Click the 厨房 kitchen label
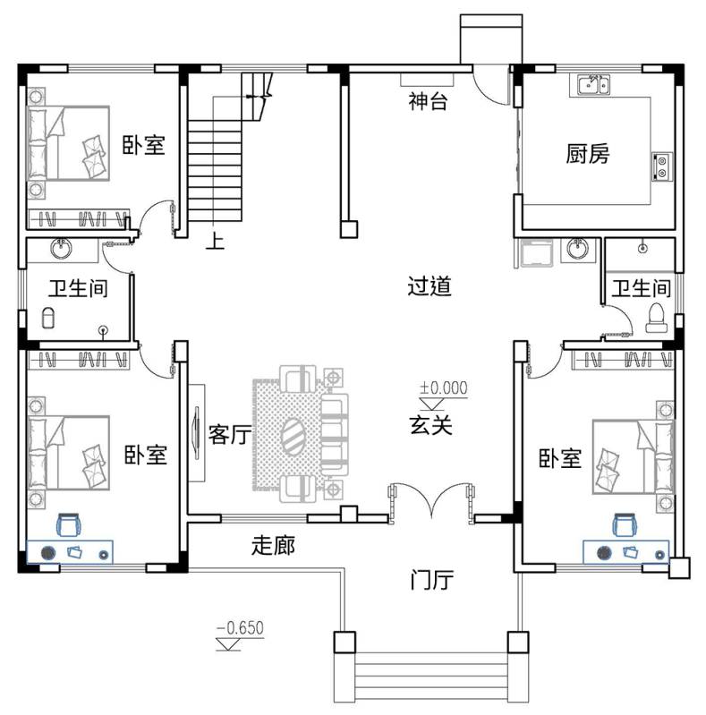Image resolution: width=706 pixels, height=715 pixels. tap(587, 154)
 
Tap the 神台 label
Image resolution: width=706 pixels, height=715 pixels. tap(428, 101)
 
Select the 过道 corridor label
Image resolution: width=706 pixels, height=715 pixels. tap(430, 285)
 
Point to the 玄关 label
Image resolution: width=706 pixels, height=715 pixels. tap(431, 425)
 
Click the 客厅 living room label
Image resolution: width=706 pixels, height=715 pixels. tap(230, 434)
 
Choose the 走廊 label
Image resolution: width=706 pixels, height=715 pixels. tap(273, 545)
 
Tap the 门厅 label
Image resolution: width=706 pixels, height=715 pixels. tap(431, 580)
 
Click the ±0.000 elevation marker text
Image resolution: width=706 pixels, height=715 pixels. tap(443, 388)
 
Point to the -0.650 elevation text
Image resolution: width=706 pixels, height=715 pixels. tap(240, 628)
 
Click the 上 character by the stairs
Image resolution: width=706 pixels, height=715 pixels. tap(215, 241)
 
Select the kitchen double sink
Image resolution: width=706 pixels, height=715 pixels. tap(593, 85)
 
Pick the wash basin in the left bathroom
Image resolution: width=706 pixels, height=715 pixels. tap(61, 248)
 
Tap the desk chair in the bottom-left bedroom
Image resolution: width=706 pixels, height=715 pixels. tap(69, 524)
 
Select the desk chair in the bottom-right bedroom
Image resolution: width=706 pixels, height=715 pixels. tap(625, 524)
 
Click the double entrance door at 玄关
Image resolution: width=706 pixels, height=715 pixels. tap(431, 501)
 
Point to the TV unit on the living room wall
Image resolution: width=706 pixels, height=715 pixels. tap(197, 433)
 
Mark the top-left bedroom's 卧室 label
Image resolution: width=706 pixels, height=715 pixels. tap(143, 145)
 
